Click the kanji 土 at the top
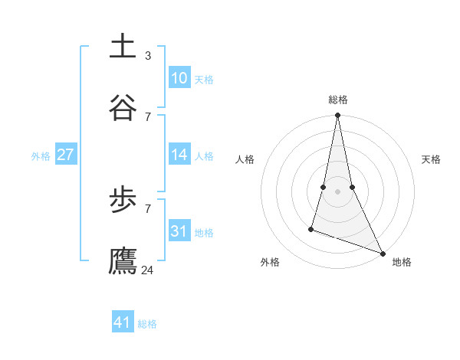(123, 46)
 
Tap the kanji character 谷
(123, 106)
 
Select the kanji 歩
(123, 200)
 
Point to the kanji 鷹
(123, 260)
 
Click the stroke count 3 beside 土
(148, 55)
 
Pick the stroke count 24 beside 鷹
(148, 270)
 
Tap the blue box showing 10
(179, 78)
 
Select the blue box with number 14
(179, 155)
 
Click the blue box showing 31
(179, 231)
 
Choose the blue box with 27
(65, 155)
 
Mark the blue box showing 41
(123, 322)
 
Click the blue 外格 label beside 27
(41, 156)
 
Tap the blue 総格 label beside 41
(147, 324)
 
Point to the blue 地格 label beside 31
(204, 233)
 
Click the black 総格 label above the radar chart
(338, 100)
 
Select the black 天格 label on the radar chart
(431, 159)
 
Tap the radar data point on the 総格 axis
(337, 116)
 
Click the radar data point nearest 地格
(382, 253)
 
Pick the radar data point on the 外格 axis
(311, 228)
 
